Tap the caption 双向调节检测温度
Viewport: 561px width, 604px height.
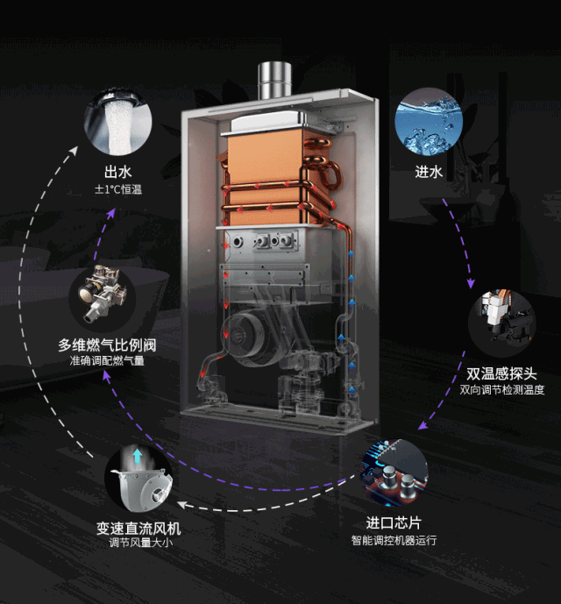502,389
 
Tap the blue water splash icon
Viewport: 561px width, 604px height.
429,123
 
